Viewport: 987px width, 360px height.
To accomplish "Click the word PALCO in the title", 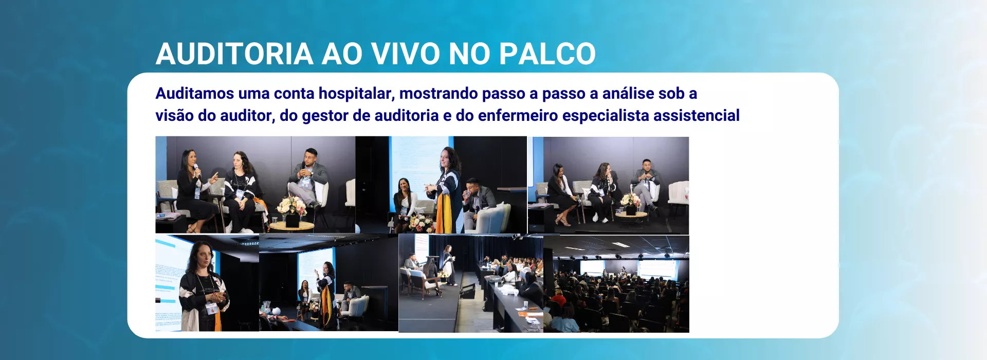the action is tap(547, 53).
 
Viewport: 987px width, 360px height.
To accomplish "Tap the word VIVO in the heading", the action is tap(405, 53).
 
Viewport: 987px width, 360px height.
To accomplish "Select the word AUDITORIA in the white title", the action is tap(234, 53).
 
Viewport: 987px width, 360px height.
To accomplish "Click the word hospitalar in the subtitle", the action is tap(356, 94).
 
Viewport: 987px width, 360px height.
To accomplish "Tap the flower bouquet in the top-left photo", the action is tap(291, 206).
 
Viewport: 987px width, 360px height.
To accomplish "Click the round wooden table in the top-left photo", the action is tap(291, 225).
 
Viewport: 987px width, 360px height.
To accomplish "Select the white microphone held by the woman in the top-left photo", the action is tap(196, 170).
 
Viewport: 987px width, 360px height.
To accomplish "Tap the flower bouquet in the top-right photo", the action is tap(631, 200).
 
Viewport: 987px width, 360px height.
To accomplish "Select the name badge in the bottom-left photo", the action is tap(211, 308).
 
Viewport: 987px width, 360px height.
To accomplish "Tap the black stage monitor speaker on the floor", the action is tap(467, 292).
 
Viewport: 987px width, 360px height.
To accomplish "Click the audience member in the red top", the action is tap(558, 298).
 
